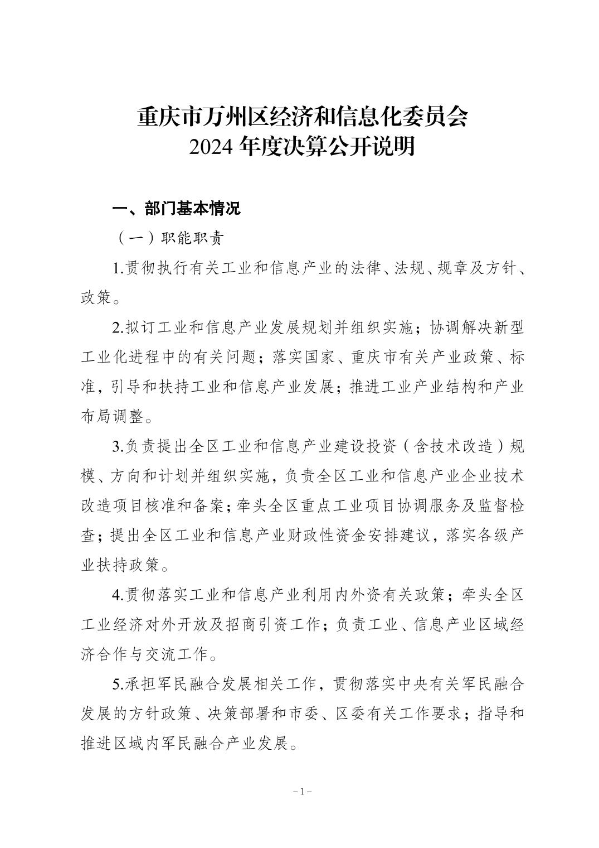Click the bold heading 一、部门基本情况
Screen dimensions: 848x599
click(177, 209)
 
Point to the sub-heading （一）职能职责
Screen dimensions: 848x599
click(170, 239)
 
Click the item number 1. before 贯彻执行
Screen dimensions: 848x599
click(118, 268)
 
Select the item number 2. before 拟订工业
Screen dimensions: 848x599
click(118, 327)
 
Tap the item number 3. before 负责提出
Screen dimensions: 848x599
click(118, 447)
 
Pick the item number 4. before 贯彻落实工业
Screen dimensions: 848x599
click(118, 595)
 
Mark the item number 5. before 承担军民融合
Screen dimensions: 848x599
click(118, 683)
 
